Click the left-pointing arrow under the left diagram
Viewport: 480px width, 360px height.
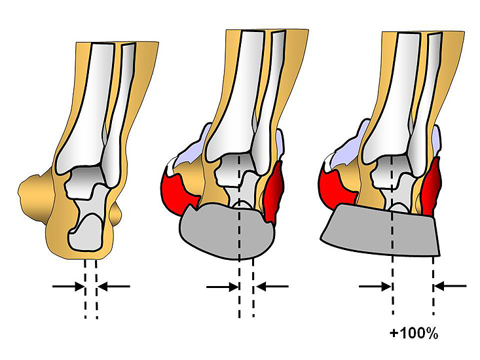pyautogui.click(x=113, y=286)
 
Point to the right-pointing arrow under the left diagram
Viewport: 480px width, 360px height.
pyautogui.click(x=68, y=286)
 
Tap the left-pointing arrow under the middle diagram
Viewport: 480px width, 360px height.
pyautogui.click(x=271, y=286)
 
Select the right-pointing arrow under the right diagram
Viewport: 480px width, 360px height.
pyautogui.click(x=376, y=286)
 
